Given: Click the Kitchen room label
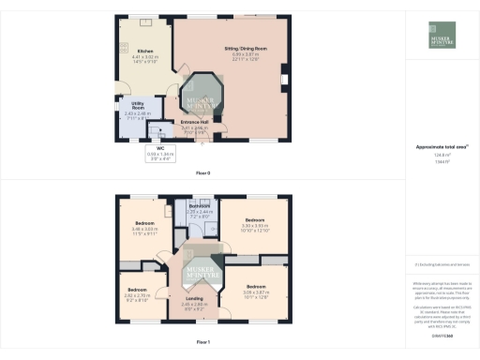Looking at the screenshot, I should (x=145, y=51).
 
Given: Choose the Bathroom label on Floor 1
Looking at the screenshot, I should (x=197, y=206).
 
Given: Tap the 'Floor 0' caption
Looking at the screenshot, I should (x=202, y=173).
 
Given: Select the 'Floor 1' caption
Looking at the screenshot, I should (x=202, y=342).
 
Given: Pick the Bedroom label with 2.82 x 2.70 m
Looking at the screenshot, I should (x=137, y=290).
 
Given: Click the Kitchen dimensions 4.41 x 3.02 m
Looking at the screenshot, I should (x=145, y=58).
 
